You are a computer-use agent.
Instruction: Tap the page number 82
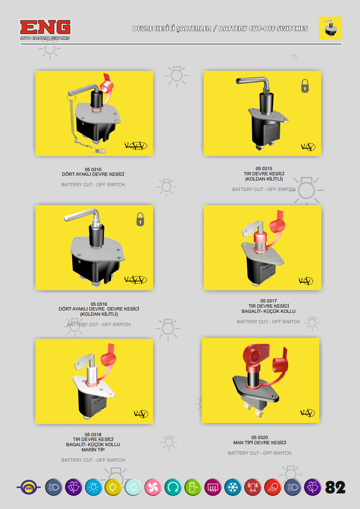[x=335, y=487]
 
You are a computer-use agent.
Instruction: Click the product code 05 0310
[x=93, y=169]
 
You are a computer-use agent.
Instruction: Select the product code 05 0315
[x=264, y=169]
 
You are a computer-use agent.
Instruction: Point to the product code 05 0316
[x=99, y=304]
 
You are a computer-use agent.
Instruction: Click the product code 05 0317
[x=268, y=301]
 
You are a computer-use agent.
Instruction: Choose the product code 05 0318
[x=93, y=434]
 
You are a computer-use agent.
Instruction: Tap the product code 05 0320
[x=259, y=437]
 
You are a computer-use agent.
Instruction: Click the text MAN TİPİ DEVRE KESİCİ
[x=259, y=443]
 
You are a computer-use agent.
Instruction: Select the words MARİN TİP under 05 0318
[x=93, y=450]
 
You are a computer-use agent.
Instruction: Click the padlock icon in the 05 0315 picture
[x=305, y=86]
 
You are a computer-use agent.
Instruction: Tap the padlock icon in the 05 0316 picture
[x=140, y=219]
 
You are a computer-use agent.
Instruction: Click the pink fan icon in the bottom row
[x=153, y=487]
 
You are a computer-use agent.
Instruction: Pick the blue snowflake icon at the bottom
[x=232, y=487]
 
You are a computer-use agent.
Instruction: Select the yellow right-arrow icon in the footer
[x=113, y=487]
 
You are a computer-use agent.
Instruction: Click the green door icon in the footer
[x=193, y=487]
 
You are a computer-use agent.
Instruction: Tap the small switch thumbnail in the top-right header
[x=330, y=28]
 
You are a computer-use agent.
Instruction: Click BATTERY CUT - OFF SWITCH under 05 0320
[x=259, y=453]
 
